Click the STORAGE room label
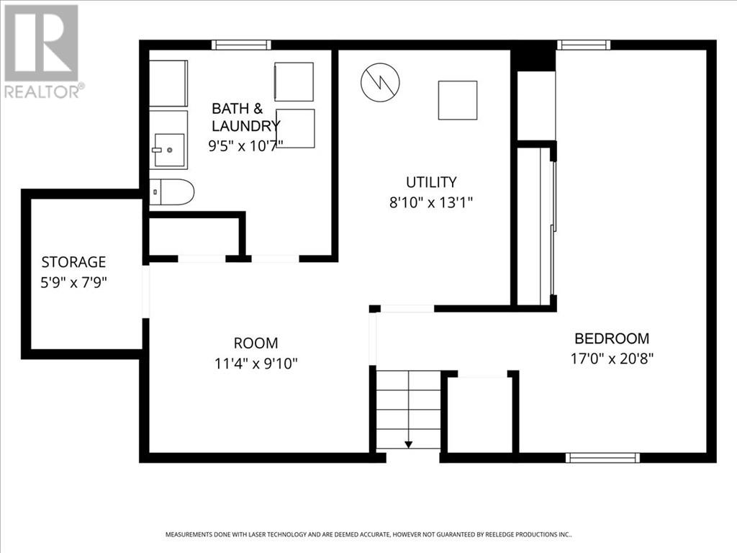[73, 262]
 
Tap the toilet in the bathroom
[171, 192]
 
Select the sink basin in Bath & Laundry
[169, 150]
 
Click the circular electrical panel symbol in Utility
[380, 82]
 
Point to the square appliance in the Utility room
[458, 100]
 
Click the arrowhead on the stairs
[409, 444]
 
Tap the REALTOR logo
[42, 51]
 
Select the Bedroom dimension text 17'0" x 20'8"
[612, 359]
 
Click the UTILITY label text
[431, 182]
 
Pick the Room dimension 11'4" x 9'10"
[256, 364]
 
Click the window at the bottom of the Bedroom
[602, 457]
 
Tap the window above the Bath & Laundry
[241, 45]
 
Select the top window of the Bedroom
[584, 45]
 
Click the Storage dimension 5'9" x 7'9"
[74, 282]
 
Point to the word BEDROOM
[612, 338]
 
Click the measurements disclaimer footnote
[368, 535]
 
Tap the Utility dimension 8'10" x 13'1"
[431, 202]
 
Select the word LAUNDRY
[245, 126]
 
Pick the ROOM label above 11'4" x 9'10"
[256, 343]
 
